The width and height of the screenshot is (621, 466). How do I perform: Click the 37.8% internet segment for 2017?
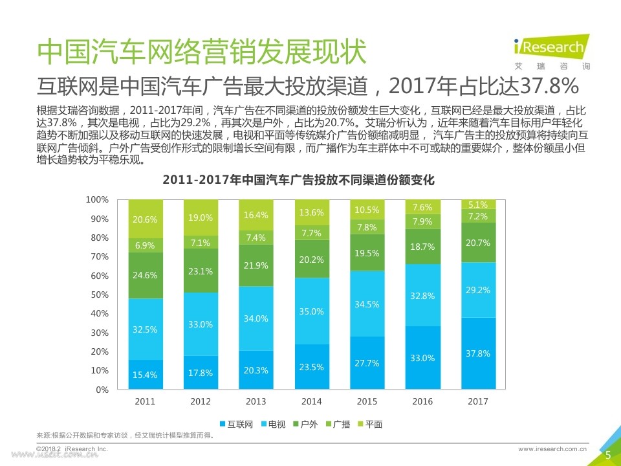[x=477, y=353]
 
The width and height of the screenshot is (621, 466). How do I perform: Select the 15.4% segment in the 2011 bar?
[x=145, y=375]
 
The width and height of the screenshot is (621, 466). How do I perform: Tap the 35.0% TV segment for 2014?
[x=311, y=311]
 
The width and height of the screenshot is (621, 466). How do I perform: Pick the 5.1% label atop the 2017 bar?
[x=477, y=205]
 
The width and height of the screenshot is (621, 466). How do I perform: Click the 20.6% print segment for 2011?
[x=145, y=219]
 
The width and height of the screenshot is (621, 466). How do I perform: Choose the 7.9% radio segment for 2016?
[x=422, y=221]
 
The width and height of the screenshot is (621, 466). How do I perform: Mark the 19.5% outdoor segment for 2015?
[x=367, y=253]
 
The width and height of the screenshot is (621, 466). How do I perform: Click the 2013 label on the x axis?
[x=256, y=401]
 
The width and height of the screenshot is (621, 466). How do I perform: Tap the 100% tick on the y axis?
[x=98, y=200]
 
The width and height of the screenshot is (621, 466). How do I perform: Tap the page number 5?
[x=607, y=456]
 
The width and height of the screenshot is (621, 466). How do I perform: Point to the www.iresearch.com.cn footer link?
[x=552, y=448]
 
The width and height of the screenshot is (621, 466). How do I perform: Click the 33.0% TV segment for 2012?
[x=201, y=324]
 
